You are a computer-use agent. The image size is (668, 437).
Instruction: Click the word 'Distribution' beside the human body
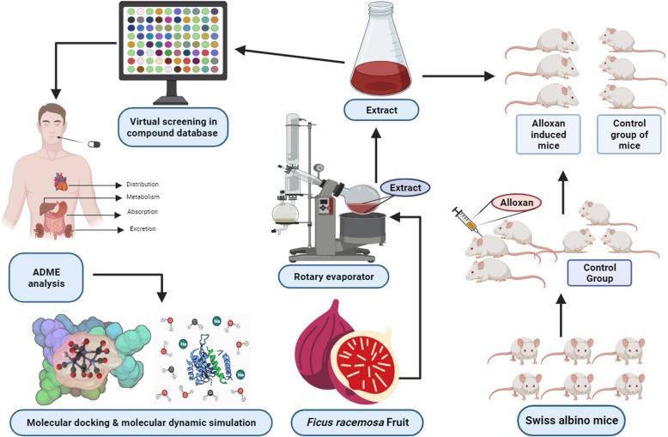(x=142, y=184)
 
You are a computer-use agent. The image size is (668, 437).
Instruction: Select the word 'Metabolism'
(x=141, y=197)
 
